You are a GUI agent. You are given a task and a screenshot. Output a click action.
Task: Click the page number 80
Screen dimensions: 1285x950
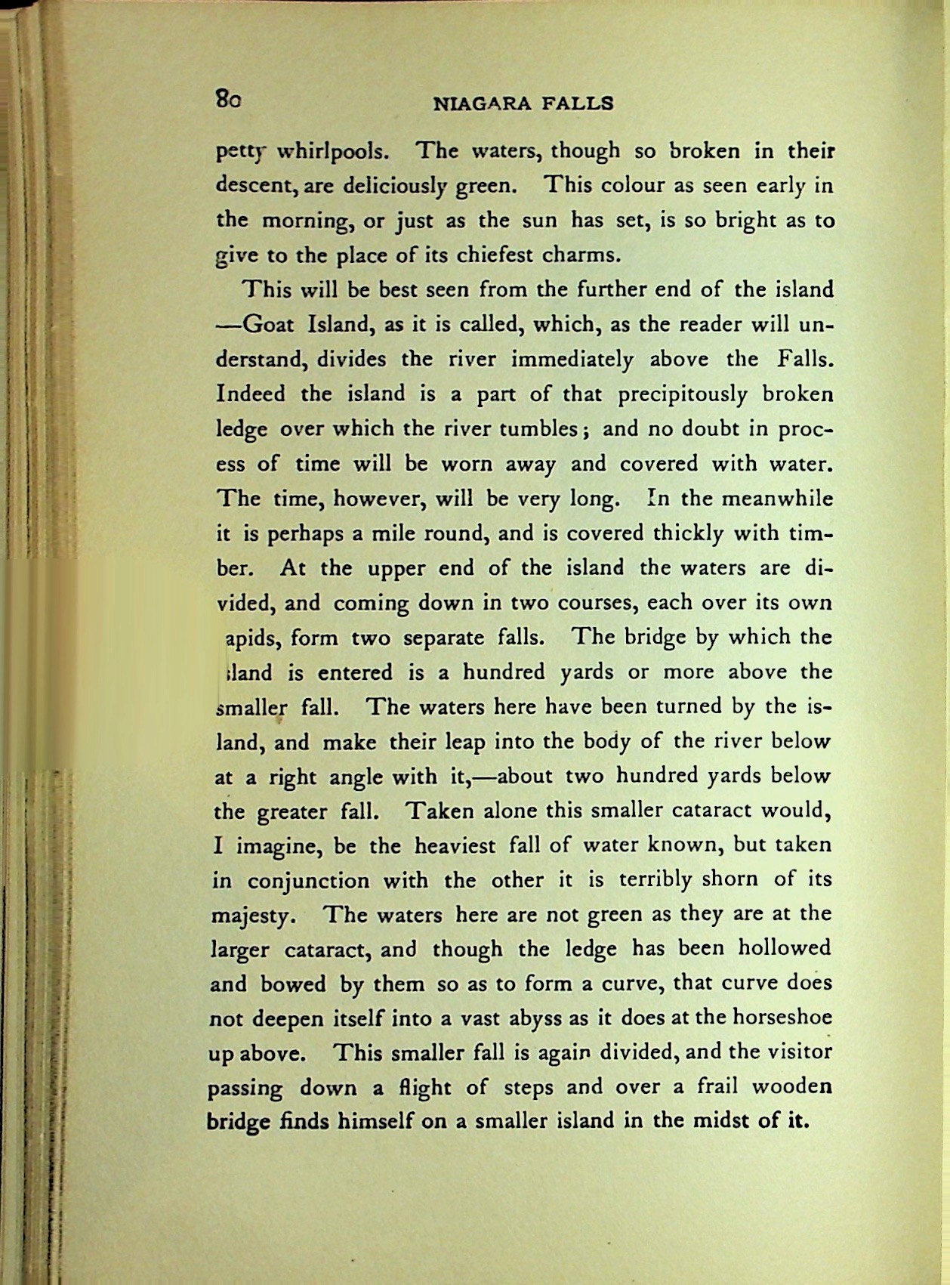click(227, 98)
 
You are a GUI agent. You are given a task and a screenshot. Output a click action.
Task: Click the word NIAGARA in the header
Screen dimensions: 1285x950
click(480, 103)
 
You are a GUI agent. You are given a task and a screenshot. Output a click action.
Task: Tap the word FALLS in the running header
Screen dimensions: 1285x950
click(578, 103)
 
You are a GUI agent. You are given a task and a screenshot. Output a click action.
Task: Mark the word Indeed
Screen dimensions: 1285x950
click(251, 394)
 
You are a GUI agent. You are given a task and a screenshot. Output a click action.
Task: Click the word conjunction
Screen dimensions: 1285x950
click(309, 880)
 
